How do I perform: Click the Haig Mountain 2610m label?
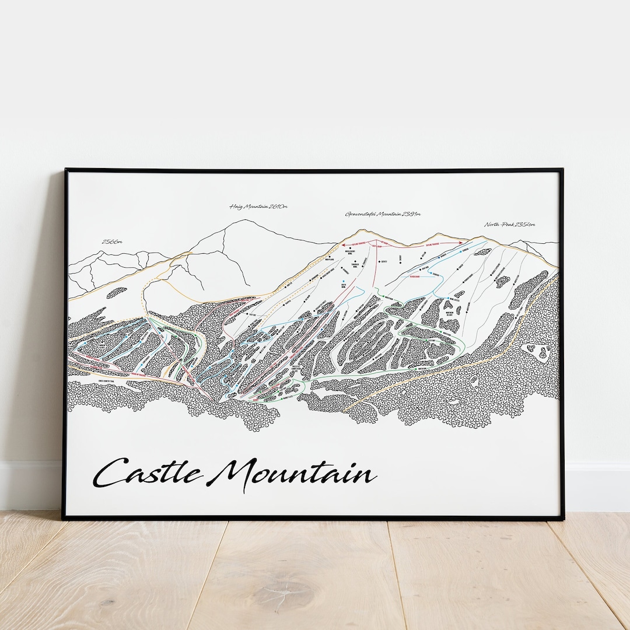pyautogui.click(x=258, y=206)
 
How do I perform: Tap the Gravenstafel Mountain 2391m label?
pyautogui.click(x=383, y=214)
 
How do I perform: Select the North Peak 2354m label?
pyautogui.click(x=509, y=225)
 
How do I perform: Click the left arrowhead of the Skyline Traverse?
pyautogui.click(x=344, y=245)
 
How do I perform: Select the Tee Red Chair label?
pyautogui.click(x=415, y=278)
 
